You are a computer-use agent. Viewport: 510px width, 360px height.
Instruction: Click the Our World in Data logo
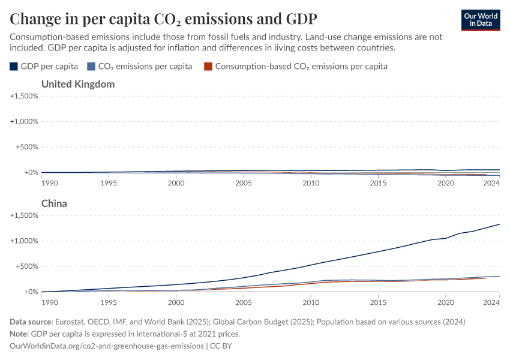480,20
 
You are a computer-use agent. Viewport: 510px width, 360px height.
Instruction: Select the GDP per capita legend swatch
14,67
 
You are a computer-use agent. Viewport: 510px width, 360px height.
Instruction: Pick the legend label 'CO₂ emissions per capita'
145,67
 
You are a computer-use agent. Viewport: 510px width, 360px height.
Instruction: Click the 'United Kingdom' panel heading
78,84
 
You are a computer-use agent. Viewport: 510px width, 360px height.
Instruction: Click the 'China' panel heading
54,203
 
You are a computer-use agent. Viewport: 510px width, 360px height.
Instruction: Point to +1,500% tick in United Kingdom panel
25,96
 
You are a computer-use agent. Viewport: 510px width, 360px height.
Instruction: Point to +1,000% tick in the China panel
25,241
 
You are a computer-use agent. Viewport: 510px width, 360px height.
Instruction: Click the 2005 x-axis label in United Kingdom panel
243,182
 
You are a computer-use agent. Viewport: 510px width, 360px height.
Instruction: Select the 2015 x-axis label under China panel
378,302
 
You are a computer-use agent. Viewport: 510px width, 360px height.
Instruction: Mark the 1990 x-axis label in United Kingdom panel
49,182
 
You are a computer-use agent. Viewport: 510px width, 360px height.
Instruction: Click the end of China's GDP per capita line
499,224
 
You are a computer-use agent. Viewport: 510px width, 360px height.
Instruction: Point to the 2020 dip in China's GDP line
445,238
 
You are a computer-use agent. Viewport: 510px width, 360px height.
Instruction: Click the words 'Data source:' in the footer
32,322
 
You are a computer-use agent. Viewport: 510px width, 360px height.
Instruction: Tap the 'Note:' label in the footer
21,334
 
